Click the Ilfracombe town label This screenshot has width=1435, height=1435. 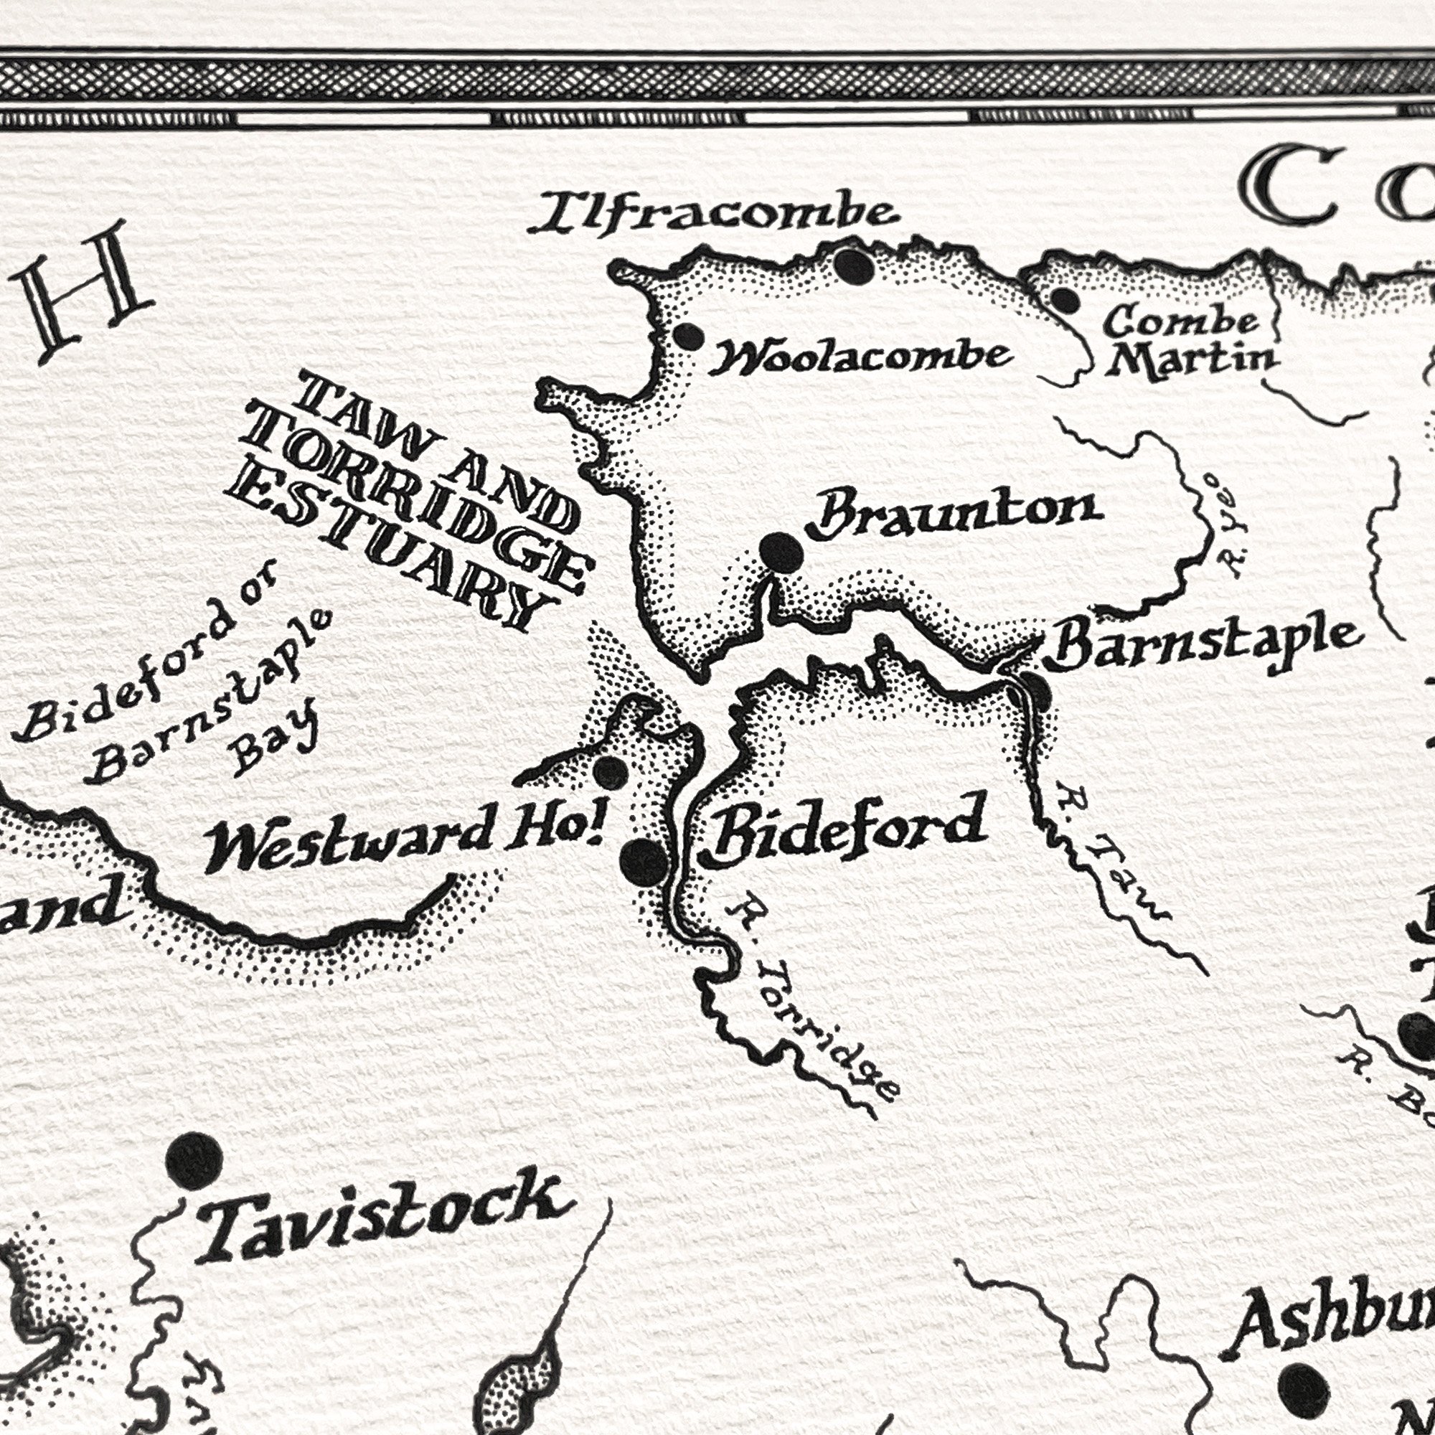point(715,214)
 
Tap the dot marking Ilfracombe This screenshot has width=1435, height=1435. point(852,265)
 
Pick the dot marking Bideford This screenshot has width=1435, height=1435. point(643,862)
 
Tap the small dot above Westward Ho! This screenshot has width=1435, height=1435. point(611,773)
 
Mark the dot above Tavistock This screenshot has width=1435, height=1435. point(194,1161)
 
